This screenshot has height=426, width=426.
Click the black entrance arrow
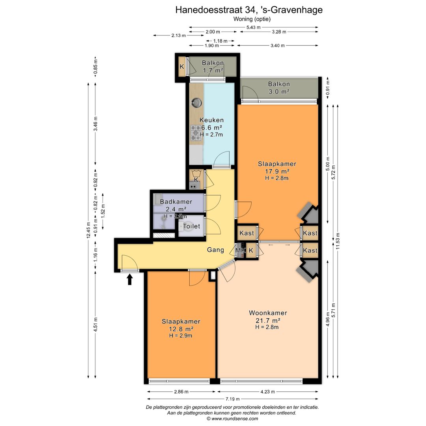click(130, 279)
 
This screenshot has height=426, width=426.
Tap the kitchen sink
click(196, 103)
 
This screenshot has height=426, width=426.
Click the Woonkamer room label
click(268, 313)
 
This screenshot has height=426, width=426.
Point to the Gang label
click(215, 250)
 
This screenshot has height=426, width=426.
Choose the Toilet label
click(192, 226)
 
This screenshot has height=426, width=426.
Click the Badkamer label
click(176, 202)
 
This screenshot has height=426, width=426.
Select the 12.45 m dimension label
click(88, 230)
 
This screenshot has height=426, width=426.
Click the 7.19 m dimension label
click(233, 399)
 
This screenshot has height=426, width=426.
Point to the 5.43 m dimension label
click(254, 27)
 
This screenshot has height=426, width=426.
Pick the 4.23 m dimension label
click(267, 392)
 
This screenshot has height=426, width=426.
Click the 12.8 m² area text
click(181, 329)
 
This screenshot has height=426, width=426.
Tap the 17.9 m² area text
click(277, 172)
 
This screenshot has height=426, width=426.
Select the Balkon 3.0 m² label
click(279, 88)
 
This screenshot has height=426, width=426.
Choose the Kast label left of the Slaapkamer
click(247, 233)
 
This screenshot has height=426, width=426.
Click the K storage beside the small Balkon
click(182, 66)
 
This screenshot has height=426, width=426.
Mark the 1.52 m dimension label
click(103, 211)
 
